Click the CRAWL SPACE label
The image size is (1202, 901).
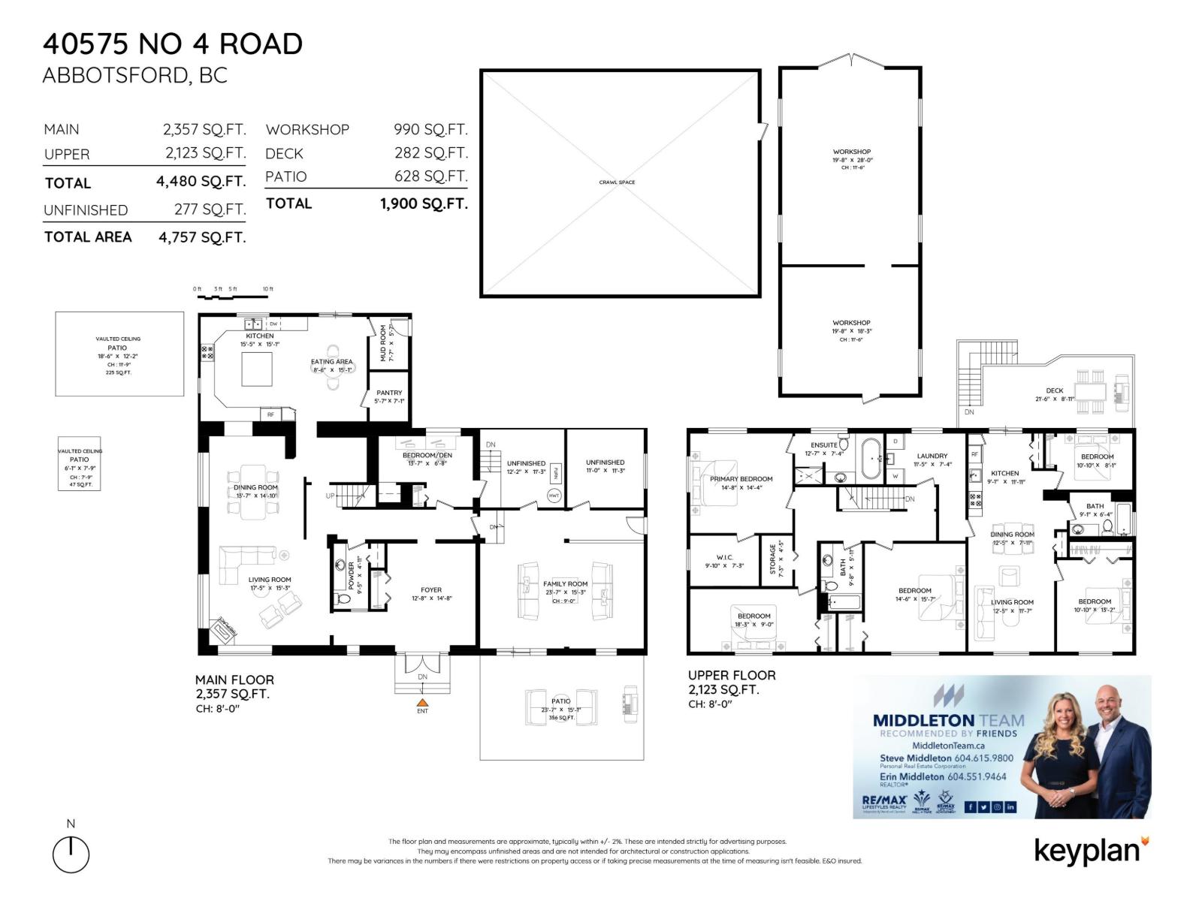coord(617,182)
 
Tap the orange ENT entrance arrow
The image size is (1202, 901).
coord(422,701)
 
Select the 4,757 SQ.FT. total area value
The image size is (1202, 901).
coord(202,237)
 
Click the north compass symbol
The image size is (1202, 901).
coord(71,854)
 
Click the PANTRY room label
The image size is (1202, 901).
coord(389,393)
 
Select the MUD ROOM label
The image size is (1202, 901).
coord(383,343)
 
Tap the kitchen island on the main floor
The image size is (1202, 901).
coord(256,369)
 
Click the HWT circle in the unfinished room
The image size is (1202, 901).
coord(554,496)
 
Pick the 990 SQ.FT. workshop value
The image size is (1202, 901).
coord(430,129)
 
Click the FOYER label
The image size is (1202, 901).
coord(431,590)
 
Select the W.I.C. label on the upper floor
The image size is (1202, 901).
coord(724,557)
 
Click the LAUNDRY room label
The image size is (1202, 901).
coord(932,456)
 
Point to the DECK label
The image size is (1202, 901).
coord(1055,390)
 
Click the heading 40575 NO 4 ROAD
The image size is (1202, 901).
coord(173,44)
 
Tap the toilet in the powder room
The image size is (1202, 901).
coord(344,598)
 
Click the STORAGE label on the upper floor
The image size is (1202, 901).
coord(772,559)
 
